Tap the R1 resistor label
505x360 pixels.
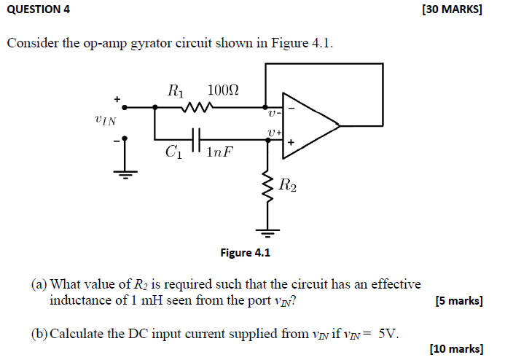point(176,91)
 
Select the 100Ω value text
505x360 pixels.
point(223,91)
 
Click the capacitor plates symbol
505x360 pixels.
point(195,137)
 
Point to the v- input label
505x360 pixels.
point(273,112)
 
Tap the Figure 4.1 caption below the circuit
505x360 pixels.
point(245,253)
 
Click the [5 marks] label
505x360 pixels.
point(458,300)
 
